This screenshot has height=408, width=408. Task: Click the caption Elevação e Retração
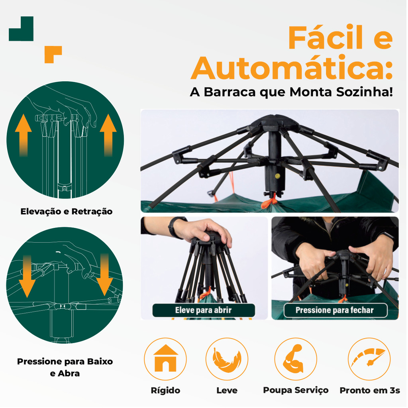pyautogui.click(x=67, y=211)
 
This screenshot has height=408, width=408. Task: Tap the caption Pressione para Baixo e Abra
pyautogui.click(x=65, y=367)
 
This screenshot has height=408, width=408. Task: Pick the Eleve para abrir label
pyautogui.click(x=203, y=310)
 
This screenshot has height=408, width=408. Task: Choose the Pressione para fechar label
pyautogui.click(x=335, y=310)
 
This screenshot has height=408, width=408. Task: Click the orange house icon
pyautogui.click(x=165, y=358)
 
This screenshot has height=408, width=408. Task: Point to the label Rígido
pyautogui.click(x=165, y=390)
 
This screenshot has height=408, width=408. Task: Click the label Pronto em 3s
pyautogui.click(x=370, y=390)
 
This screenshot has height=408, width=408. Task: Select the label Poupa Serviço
pyautogui.click(x=296, y=390)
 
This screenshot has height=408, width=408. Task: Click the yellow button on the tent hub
pyautogui.click(x=278, y=176)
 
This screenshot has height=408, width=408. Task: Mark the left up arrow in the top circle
pyautogui.click(x=24, y=135)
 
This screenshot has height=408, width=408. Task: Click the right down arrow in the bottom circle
pyautogui.click(x=105, y=275)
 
